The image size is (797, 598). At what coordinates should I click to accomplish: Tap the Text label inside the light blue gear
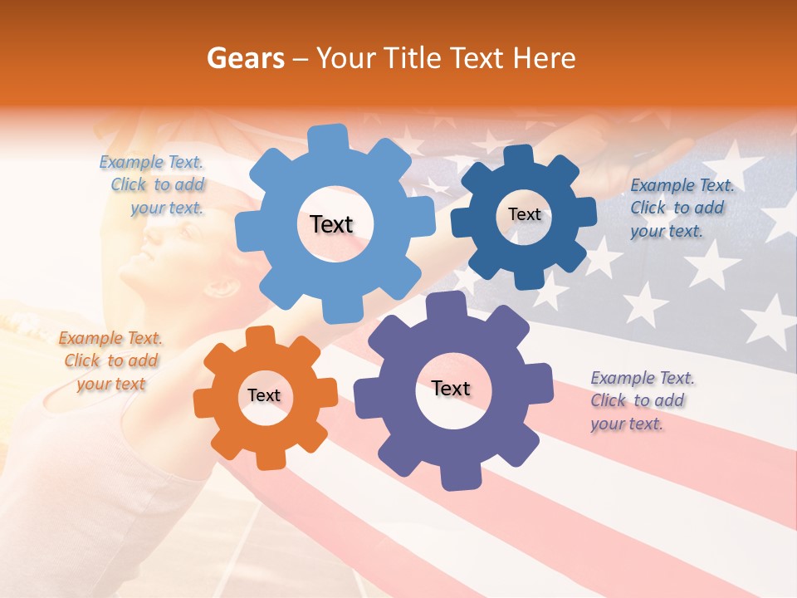[331, 224]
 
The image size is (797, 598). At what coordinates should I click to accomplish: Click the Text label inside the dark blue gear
[524, 214]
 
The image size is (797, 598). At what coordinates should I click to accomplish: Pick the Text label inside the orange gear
[264, 395]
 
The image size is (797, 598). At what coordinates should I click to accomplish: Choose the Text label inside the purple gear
[451, 389]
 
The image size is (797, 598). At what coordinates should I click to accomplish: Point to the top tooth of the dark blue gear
[519, 156]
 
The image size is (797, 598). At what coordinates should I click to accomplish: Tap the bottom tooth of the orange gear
[270, 458]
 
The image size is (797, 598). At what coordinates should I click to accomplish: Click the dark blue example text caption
[681, 208]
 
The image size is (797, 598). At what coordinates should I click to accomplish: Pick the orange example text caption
[111, 360]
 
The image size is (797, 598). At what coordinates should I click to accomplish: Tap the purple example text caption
[641, 400]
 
